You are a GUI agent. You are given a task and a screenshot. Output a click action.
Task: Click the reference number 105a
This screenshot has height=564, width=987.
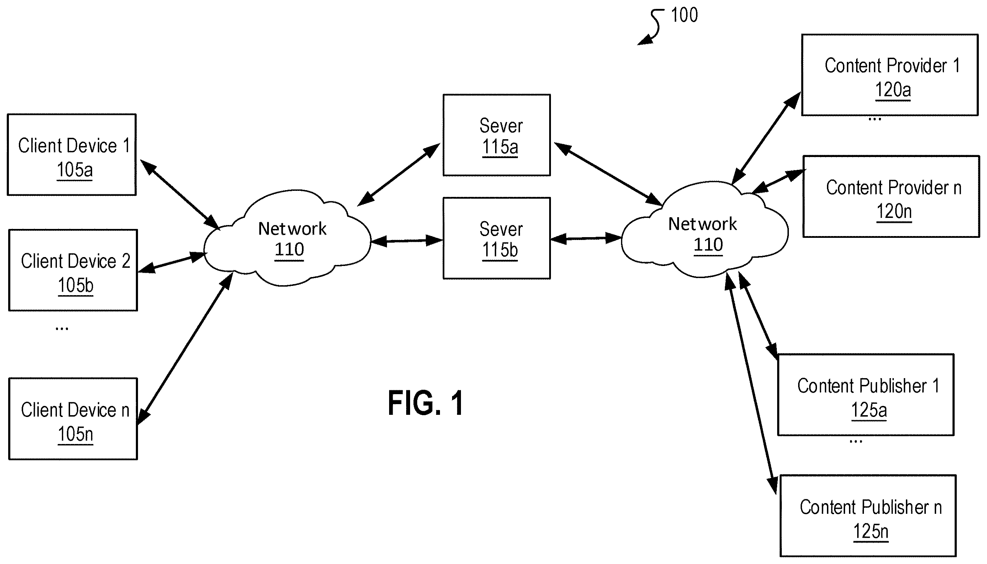tap(75, 170)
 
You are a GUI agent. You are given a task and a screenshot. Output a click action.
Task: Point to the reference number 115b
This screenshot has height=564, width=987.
tap(500, 250)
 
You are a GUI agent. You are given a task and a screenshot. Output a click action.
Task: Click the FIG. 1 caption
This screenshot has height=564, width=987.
tap(426, 403)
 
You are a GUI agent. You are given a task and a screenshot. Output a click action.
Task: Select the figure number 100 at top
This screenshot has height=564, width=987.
tap(684, 15)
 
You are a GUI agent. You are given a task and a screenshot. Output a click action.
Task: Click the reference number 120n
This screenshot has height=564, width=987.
tap(894, 211)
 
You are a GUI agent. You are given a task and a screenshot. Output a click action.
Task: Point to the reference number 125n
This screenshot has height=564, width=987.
tap(871, 531)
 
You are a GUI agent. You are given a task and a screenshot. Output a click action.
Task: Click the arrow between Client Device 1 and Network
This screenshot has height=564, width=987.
tap(180, 194)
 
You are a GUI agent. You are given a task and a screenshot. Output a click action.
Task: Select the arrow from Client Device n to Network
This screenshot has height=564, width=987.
tap(185, 349)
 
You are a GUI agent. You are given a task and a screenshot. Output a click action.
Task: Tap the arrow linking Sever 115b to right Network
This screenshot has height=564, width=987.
tap(586, 239)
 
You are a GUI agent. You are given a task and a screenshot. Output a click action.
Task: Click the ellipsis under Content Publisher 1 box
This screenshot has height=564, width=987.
tap(856, 442)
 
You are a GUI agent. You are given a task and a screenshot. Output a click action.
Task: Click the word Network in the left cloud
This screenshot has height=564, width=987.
tap(292, 229)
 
